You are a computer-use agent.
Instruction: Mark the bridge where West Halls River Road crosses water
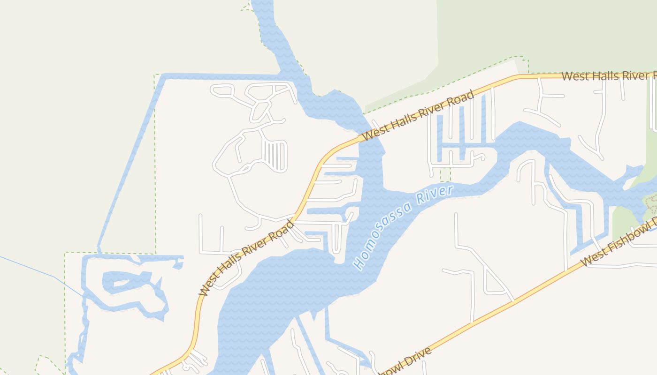370,136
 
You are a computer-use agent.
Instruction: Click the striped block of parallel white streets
275,156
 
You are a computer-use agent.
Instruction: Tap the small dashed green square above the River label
445,175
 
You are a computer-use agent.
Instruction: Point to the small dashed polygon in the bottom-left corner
47,366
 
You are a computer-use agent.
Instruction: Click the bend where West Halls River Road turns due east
519,76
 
